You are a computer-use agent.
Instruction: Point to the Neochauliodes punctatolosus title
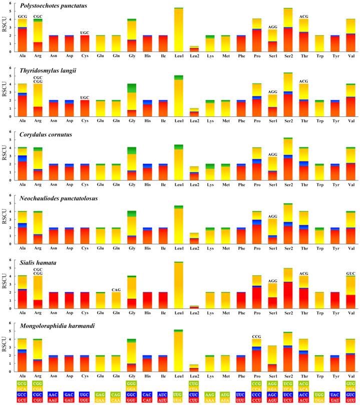59,198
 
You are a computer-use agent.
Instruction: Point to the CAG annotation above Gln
116,276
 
